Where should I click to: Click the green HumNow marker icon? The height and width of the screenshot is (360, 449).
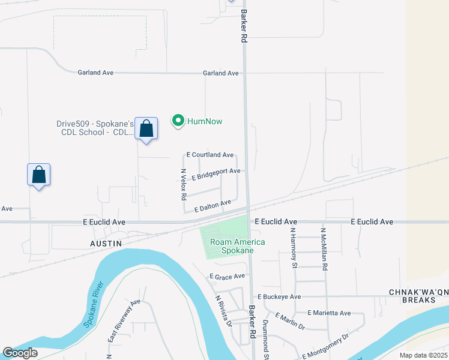pos(178,121)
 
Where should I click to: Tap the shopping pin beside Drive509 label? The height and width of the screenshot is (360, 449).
pos(146,128)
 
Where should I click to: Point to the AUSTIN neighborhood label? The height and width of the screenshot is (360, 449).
pos(106,244)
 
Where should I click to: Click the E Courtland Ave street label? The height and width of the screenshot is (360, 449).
pos(210,155)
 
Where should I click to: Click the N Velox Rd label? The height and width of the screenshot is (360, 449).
pos(184,184)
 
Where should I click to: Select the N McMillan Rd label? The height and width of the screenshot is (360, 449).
pos(324,248)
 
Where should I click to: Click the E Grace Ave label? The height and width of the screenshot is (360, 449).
pos(227,277)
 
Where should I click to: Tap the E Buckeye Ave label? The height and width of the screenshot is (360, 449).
pos(279,296)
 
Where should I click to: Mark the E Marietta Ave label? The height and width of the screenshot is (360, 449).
pos(329,313)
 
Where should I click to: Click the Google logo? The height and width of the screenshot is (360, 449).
pos(20,352)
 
